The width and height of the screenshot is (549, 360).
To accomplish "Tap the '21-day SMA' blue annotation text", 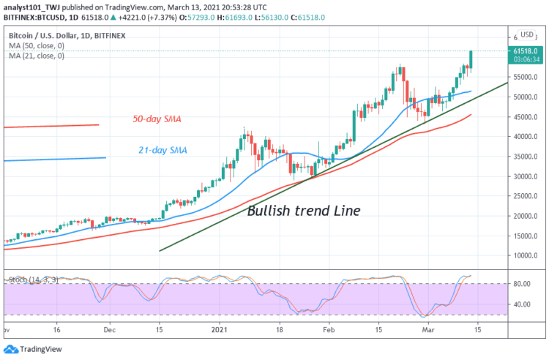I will [163, 151].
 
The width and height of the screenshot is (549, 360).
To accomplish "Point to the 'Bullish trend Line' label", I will [303, 211].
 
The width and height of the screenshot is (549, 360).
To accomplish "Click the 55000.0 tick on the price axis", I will [526, 77].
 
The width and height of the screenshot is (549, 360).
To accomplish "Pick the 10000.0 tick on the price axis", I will [526, 256].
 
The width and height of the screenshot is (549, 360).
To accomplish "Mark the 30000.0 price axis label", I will [526, 176].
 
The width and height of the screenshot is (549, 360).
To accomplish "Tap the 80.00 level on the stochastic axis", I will [522, 284].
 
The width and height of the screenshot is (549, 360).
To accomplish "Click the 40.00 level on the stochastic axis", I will [522, 304].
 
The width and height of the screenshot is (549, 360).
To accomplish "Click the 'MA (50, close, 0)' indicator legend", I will [39, 45].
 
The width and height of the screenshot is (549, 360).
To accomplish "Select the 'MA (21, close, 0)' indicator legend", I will [39, 56].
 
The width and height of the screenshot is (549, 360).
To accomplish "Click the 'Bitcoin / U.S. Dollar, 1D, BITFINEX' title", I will [73, 34].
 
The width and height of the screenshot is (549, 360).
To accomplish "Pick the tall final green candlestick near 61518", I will [471, 61].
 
